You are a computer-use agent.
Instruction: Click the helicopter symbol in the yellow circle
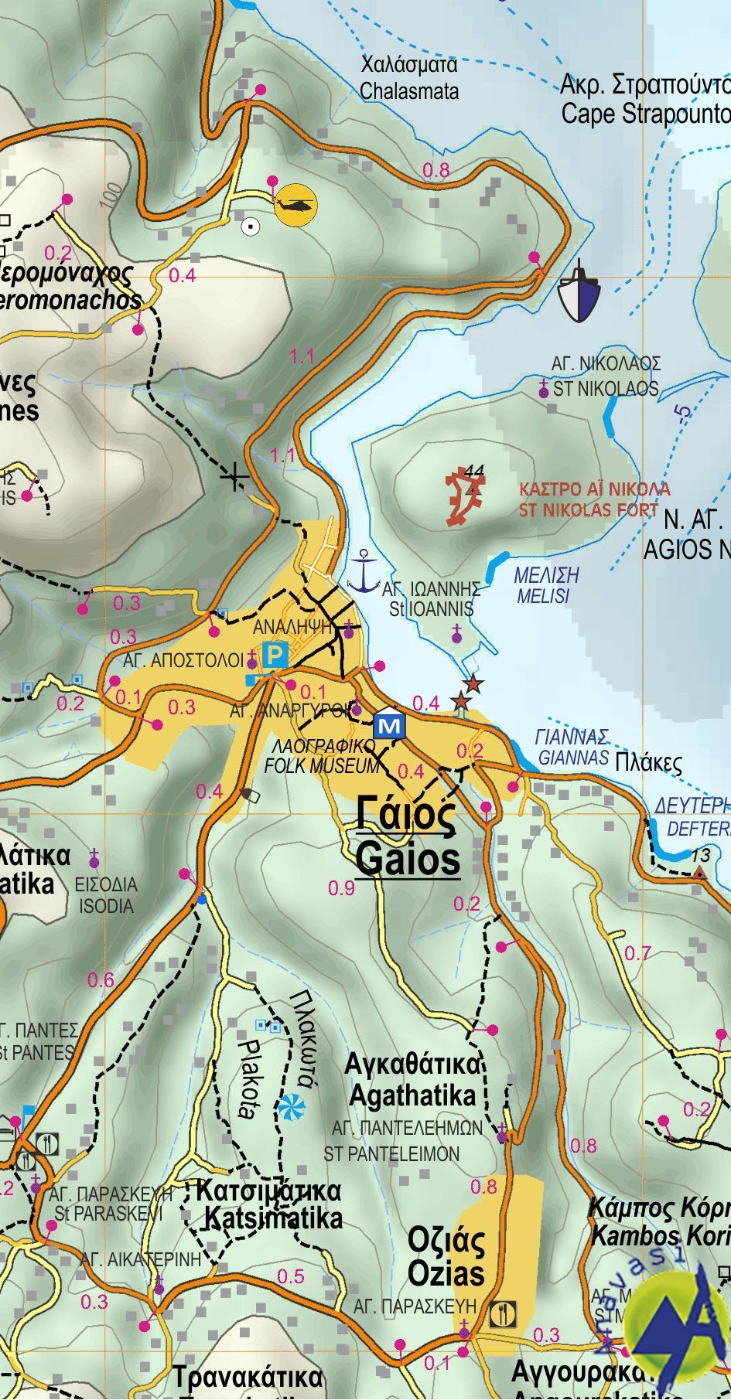[x=296, y=205]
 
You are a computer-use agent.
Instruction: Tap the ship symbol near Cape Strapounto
[x=579, y=292]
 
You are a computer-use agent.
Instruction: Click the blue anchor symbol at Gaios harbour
[x=361, y=572]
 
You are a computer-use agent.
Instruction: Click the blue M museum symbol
[x=389, y=726]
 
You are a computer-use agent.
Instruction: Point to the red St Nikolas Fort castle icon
[x=466, y=496]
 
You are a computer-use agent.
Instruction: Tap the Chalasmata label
[x=409, y=91]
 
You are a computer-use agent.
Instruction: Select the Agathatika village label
[x=412, y=1095]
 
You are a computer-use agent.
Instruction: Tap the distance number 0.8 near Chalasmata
[x=436, y=171]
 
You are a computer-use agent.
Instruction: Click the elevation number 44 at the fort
[x=474, y=471]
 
